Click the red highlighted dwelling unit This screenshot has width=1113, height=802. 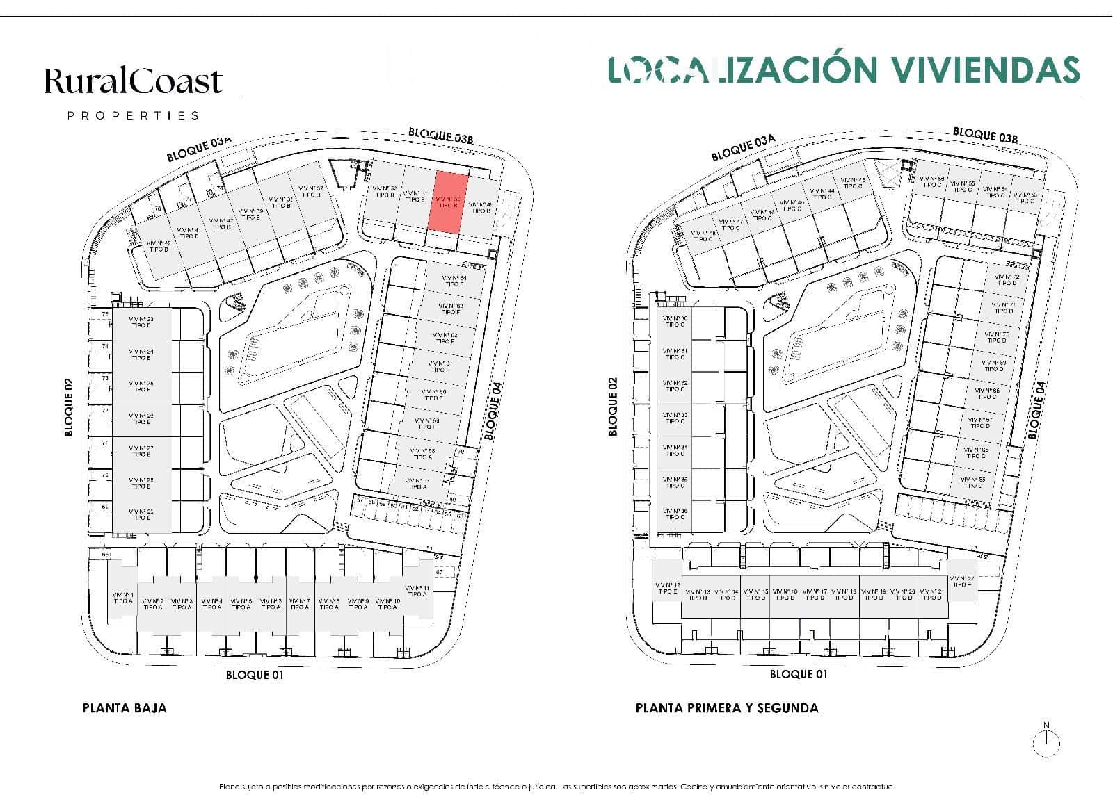pos(449,202)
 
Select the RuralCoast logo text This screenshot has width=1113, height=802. pos(133,82)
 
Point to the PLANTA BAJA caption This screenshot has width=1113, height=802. pos(125,708)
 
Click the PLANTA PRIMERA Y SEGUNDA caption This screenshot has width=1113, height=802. pos(726,708)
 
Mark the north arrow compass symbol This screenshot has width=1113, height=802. pos(1046,741)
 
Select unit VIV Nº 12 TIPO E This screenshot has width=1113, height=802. pos(667,588)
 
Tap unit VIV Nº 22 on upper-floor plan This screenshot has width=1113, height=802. pos(962,582)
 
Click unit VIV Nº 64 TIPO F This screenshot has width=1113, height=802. pos(454,281)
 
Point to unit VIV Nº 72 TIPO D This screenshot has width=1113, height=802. pos(1006,279)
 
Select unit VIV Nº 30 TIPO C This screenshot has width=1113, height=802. pos(674,322)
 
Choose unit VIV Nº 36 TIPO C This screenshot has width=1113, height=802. pos(674,514)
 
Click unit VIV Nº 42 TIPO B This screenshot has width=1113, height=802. pos(158,245)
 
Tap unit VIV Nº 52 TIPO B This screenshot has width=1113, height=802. pos(384,192)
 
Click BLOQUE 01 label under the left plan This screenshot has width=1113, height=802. pos(255,675)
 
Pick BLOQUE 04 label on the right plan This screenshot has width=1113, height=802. pos(1036,411)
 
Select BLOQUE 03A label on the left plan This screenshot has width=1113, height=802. pos(198,149)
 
